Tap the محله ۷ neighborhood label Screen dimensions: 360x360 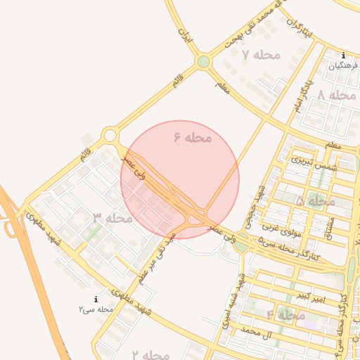261,55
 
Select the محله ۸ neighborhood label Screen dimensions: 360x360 337,96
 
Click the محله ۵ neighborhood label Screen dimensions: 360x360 315,202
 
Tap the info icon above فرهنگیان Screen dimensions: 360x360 343,56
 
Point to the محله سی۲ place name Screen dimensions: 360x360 96,309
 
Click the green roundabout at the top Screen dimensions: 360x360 203,62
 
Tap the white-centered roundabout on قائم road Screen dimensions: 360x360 110,135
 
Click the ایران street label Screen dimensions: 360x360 186,35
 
